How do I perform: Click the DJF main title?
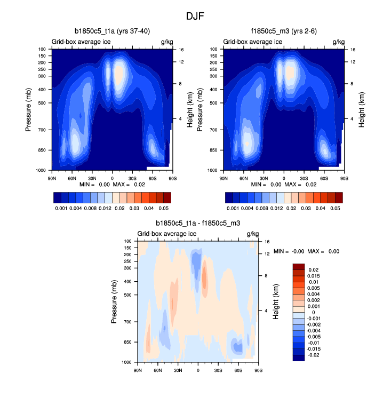click(x=195, y=16)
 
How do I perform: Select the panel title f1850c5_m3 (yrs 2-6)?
click(x=284, y=31)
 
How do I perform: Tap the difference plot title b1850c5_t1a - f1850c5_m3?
click(x=198, y=224)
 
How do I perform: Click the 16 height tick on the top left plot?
click(x=181, y=49)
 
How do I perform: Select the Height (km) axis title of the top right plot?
click(x=362, y=109)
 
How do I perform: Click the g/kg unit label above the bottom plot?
click(x=252, y=234)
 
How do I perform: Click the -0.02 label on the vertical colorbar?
click(x=314, y=354)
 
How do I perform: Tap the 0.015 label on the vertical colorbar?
click(x=314, y=275)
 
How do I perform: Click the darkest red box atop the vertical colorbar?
click(x=299, y=266)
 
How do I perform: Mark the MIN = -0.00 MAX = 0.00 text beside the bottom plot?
click(x=306, y=251)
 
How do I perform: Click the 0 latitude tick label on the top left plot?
click(x=112, y=178)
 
